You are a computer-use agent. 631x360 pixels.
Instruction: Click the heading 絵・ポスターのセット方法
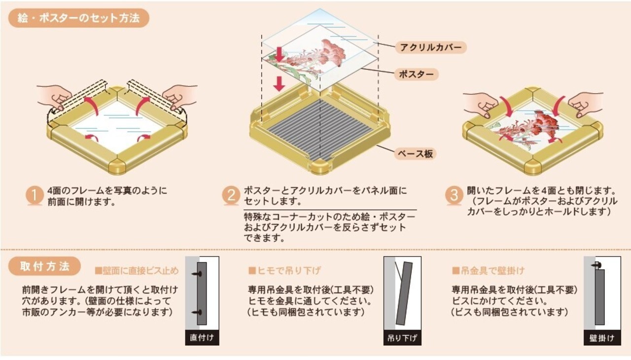point(79,19)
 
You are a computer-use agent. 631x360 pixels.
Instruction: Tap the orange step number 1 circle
point(35,196)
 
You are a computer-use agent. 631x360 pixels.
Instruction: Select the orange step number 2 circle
point(231,196)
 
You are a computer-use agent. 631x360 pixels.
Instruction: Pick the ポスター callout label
point(416,74)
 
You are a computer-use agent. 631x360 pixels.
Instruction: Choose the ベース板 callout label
point(416,153)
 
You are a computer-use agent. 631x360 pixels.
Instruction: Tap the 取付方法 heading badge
point(45,267)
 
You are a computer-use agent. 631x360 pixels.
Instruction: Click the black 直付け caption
point(202,338)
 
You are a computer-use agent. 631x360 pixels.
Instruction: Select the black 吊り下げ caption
point(402,338)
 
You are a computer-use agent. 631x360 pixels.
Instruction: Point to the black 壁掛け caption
point(602,338)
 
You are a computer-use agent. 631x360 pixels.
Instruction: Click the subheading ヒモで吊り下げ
point(284,270)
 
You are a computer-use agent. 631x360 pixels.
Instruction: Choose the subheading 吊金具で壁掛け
point(488,271)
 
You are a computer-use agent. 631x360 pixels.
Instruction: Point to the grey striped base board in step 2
point(320,128)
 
